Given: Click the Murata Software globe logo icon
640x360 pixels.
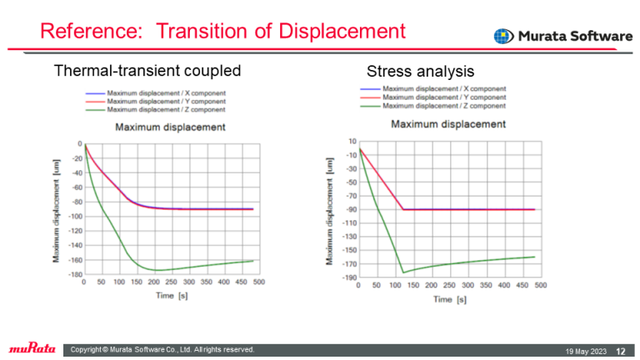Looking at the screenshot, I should tap(503, 37).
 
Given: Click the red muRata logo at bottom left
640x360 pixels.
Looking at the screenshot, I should tap(31, 348).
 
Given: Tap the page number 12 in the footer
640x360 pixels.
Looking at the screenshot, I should tap(621, 350).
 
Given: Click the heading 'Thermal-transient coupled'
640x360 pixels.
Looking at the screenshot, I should tap(147, 71).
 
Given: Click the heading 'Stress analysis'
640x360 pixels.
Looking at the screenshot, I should tap(420, 72).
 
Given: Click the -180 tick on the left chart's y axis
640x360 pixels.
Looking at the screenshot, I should tap(74, 274).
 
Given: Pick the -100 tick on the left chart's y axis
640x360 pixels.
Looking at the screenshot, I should tap(74, 216).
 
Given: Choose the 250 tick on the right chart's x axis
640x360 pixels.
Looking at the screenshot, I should tap(449, 286).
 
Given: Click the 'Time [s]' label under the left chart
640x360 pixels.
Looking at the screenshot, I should tap(169, 295).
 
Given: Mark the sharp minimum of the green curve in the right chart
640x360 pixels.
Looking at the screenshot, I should tap(404, 272).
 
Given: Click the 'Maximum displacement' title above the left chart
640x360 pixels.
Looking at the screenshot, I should tap(170, 127).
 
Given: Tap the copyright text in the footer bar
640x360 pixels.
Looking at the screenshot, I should tap(162, 349).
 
